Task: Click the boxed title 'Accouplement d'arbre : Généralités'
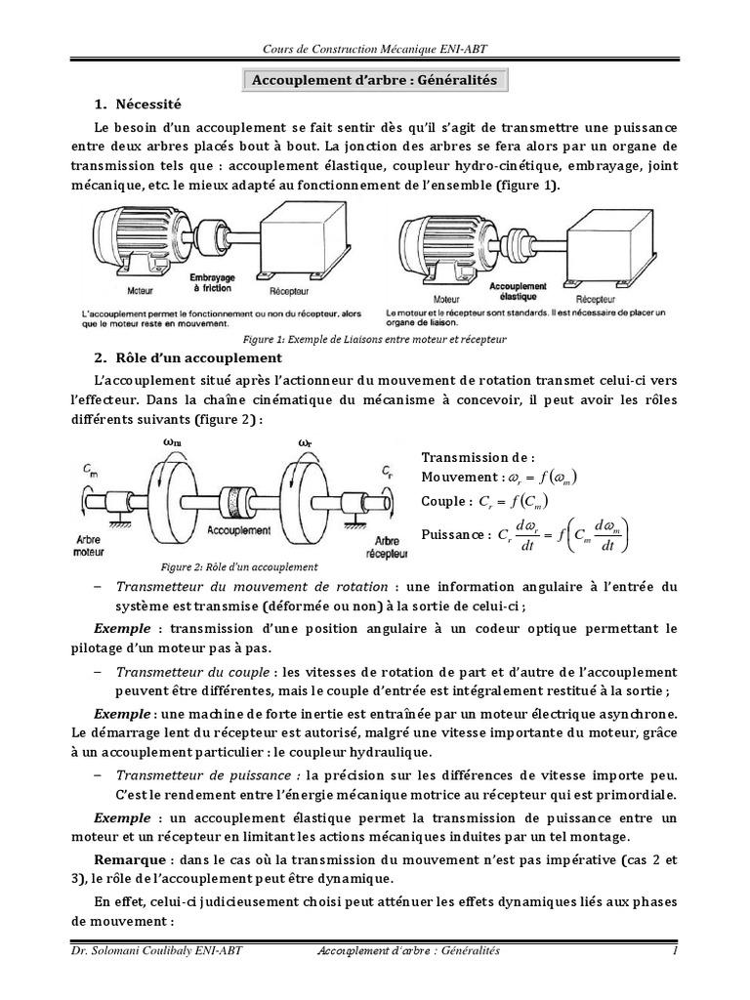[x=375, y=81]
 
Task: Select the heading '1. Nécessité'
[x=138, y=104]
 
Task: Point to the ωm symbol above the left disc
[x=172, y=441]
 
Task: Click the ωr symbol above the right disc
[x=304, y=441]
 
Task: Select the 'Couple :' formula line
[x=485, y=501]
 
